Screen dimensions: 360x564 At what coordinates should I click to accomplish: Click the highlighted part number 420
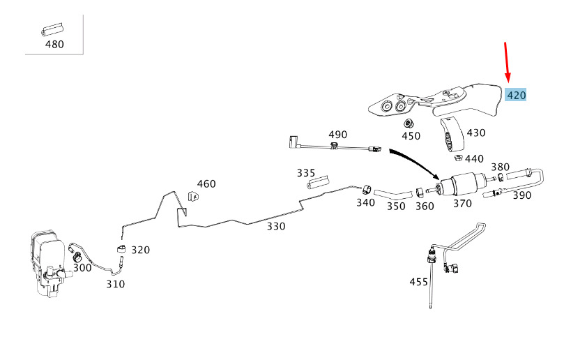[517, 95]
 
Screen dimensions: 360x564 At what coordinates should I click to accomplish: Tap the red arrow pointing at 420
[507, 61]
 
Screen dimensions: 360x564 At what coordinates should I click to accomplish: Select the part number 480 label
[54, 45]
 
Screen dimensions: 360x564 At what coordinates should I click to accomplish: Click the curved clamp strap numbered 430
[450, 133]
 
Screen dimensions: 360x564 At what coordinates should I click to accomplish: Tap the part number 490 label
[337, 134]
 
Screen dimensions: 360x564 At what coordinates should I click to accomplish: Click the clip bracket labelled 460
[194, 195]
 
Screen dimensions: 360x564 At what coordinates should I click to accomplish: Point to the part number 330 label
[276, 226]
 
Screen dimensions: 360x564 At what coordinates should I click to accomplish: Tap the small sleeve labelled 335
[317, 183]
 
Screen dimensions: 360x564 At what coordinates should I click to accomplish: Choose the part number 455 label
[418, 282]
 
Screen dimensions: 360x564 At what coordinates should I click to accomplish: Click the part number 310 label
[115, 284]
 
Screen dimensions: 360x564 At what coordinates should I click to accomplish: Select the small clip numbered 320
[121, 250]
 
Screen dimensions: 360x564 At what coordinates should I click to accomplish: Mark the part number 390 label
[521, 195]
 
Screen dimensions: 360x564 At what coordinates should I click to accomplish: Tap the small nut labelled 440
[459, 157]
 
